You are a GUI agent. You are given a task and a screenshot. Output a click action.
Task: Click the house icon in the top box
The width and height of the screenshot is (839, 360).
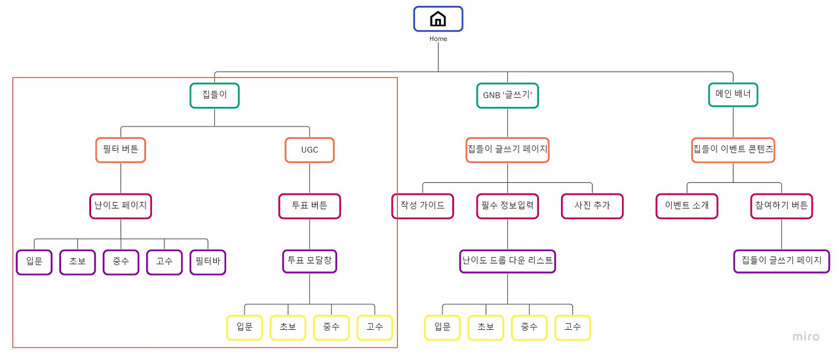pos(438,19)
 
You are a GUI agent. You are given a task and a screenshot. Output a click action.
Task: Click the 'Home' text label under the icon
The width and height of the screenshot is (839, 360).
pos(438,39)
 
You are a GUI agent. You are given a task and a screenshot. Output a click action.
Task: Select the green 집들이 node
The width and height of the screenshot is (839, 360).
pos(214,95)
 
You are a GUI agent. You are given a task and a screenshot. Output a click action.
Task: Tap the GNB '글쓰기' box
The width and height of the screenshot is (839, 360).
pos(507,96)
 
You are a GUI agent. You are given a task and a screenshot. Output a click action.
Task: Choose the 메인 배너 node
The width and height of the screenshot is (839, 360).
pos(733,95)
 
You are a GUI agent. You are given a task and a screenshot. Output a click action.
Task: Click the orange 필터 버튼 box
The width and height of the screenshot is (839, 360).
pos(121,150)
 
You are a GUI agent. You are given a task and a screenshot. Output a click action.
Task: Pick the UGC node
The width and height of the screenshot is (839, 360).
pos(309,150)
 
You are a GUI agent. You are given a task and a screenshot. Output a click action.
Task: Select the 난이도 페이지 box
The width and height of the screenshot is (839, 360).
pos(121,206)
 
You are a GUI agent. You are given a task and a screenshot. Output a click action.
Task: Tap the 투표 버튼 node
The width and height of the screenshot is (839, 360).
pos(309,206)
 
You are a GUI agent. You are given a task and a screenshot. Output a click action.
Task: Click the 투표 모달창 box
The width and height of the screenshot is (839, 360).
pos(309,261)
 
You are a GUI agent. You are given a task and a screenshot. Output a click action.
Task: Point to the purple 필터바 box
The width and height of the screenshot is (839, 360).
pos(208,262)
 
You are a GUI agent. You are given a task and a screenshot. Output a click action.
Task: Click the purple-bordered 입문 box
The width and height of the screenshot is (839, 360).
pos(34,262)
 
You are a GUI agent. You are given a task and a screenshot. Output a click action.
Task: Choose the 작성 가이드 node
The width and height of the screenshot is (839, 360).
pos(422,206)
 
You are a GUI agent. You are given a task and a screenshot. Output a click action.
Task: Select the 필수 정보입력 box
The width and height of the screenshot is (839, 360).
pos(507,206)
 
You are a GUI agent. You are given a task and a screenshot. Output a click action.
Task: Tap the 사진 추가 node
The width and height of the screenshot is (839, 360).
pos(592,206)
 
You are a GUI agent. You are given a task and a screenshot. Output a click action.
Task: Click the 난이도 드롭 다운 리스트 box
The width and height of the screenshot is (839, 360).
pos(507,260)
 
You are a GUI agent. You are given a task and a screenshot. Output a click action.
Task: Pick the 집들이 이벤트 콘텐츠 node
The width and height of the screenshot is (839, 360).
pos(733,150)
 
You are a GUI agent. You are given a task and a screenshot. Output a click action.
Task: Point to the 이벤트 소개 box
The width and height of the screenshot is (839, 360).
pos(686,206)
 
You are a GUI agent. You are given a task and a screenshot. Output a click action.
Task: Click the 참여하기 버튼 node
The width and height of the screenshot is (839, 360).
pos(781,206)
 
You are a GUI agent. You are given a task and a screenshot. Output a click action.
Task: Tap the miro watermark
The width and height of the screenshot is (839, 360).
pos(806,336)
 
